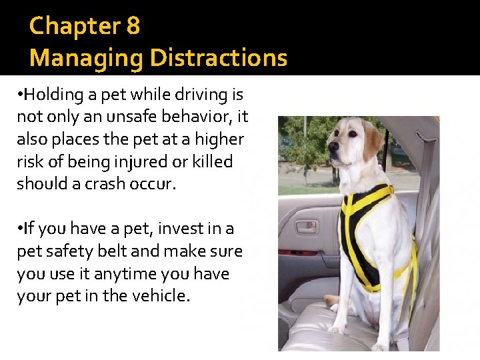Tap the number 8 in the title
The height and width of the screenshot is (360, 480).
point(132,26)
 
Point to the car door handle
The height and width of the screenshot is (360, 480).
point(307,227)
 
